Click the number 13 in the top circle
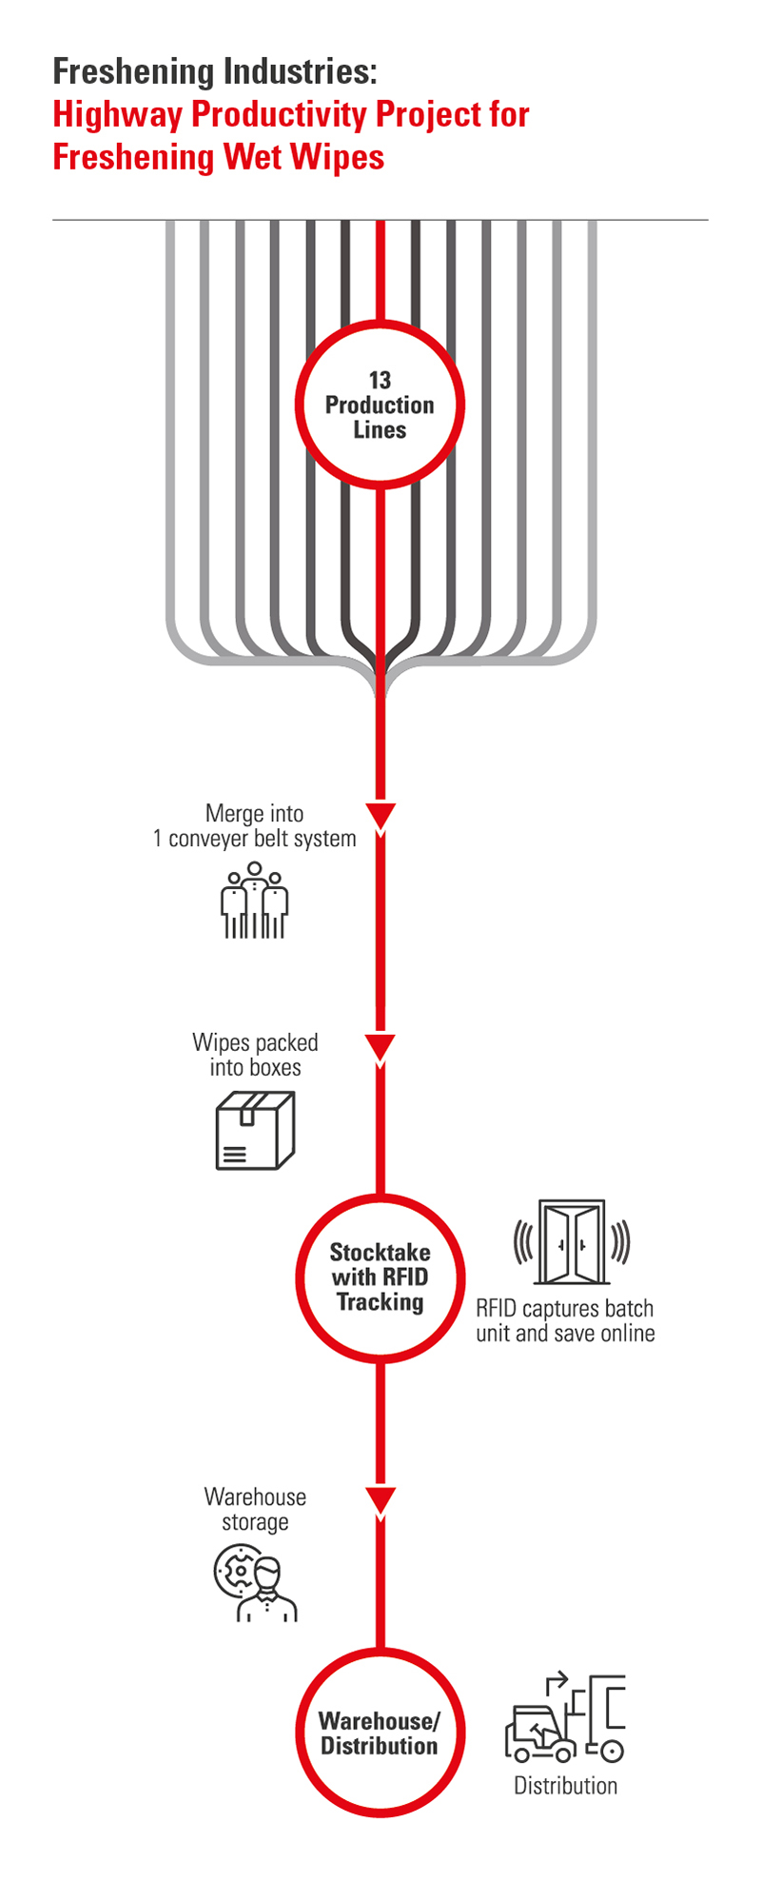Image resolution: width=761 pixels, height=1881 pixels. pos(380,381)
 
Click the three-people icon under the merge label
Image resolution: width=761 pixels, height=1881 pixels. pos(254,901)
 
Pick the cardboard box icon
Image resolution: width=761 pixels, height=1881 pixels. pos(255,1130)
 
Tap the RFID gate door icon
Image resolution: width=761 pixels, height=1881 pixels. pos(572,1242)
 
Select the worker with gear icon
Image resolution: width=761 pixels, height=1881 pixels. pos(255,1583)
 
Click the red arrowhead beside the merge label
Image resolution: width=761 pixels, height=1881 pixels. pos(380,817)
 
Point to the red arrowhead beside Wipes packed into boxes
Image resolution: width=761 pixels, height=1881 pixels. pos(380,1047)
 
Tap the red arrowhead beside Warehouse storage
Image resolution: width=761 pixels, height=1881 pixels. pos(380,1500)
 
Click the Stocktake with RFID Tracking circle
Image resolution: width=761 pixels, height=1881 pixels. pos(380,1277)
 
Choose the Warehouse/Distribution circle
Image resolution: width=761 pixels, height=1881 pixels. pos(380,1732)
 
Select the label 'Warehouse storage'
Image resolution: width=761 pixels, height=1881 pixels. pos(255,1509)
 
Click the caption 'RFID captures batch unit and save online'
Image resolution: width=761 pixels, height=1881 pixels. pos(565,1320)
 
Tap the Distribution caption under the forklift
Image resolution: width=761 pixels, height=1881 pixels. pos(565,1786)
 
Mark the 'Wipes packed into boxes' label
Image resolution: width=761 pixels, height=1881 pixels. pos(255,1055)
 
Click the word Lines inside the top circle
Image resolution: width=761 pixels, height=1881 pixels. pos(380,430)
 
